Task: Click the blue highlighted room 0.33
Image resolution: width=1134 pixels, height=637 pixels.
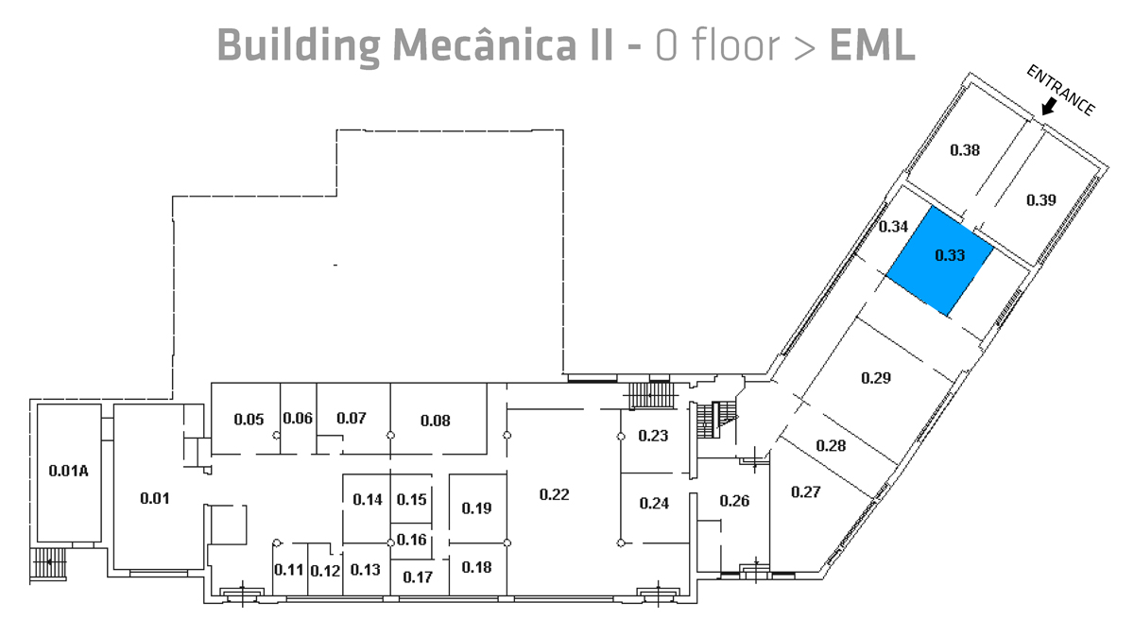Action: (939, 261)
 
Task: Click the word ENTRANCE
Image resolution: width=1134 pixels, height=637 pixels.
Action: (1060, 91)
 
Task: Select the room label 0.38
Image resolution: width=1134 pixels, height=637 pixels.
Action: (964, 149)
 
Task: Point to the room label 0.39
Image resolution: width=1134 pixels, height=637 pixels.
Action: (1040, 199)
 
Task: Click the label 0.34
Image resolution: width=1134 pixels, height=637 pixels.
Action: (893, 227)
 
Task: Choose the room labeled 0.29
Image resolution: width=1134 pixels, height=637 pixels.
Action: (876, 378)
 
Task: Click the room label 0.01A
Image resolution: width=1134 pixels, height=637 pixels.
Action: (68, 470)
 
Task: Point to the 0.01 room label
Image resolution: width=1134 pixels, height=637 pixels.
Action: (154, 498)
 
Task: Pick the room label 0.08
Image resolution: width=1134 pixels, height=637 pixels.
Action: (435, 421)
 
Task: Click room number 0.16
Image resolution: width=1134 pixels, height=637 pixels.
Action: (411, 540)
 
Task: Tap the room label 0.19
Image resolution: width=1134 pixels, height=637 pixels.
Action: (476, 508)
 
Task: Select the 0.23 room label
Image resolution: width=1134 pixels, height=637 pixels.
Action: (653, 436)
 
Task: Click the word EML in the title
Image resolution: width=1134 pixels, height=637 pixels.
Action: (871, 43)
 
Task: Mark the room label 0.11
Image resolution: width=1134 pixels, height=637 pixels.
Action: (288, 570)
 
